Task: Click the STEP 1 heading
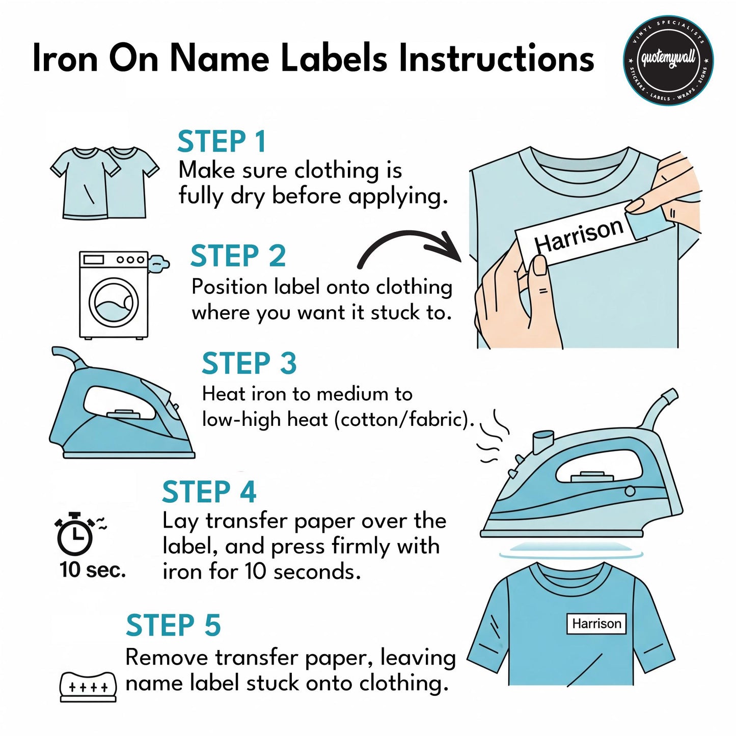click(222, 142)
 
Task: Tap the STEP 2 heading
click(238, 256)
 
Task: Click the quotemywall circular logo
click(668, 60)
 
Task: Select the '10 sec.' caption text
click(93, 570)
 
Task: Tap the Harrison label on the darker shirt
click(596, 624)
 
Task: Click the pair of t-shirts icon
click(104, 183)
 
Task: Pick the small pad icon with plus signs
click(88, 687)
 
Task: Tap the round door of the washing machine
click(114, 302)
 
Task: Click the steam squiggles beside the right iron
click(492, 436)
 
